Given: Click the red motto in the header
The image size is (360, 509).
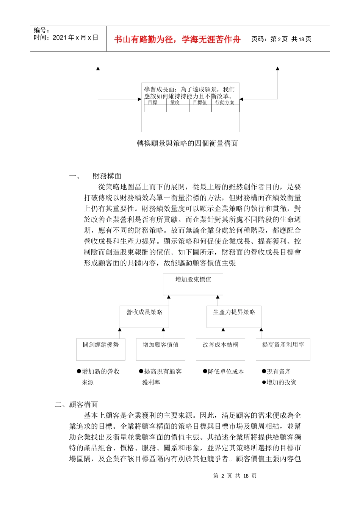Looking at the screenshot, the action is tap(177, 39).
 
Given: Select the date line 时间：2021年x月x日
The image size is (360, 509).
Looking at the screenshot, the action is tap(66, 37).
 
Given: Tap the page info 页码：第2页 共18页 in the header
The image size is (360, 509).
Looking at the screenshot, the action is tap(281, 39).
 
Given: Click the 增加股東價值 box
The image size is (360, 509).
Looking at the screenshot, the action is tap(193, 284).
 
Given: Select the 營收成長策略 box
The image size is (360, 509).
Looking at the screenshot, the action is tap(144, 316).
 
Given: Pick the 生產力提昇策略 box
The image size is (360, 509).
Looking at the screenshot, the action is tap(234, 316).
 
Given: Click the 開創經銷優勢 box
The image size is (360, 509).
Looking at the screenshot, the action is tap(100, 349).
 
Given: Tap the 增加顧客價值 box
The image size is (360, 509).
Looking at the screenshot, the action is tap(160, 349).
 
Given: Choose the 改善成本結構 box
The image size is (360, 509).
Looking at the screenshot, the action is tap(220, 349).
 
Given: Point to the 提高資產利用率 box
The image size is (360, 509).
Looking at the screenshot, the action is tap(283, 349).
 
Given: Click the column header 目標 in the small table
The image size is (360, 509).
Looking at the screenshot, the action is tap(152, 103).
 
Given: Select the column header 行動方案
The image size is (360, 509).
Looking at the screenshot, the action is tap(225, 103).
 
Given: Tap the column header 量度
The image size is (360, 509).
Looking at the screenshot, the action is tap(175, 103).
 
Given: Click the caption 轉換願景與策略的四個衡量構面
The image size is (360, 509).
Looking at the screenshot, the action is tap(187, 143).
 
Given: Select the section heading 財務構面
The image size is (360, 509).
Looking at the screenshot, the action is tap(107, 176).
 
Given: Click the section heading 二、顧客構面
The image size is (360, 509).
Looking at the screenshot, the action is tap(76, 404).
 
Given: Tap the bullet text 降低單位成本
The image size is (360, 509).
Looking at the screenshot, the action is tap(226, 372).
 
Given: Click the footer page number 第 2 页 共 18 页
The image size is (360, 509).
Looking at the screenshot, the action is tap(235, 476).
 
